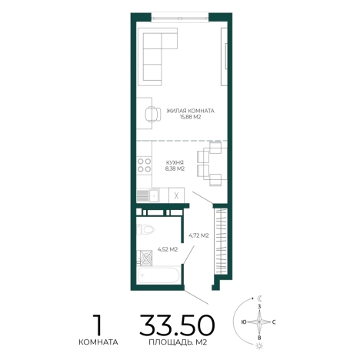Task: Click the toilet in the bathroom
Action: pos(145,229)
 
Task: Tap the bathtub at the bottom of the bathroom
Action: pos(158,275)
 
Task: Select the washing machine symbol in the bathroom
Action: pos(146,258)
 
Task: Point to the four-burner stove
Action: pos(144,165)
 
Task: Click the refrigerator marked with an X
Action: pos(176,195)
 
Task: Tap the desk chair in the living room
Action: pos(153,114)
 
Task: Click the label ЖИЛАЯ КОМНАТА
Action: pos(190,111)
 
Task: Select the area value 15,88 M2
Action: pos(190,117)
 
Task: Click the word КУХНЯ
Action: pos(175,162)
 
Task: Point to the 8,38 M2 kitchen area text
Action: pos(175,168)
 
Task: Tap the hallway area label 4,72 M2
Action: pos(198,235)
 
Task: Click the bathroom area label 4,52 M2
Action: pos(168,249)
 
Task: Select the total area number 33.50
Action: pos(177,325)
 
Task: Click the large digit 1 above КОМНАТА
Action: pos(98,325)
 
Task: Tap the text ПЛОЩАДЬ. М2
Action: pos(178,342)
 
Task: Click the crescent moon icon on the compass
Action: pos(260,298)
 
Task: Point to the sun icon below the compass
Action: pos(260,346)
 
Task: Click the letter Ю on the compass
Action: pos(244,322)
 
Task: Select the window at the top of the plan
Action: pos(179,18)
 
